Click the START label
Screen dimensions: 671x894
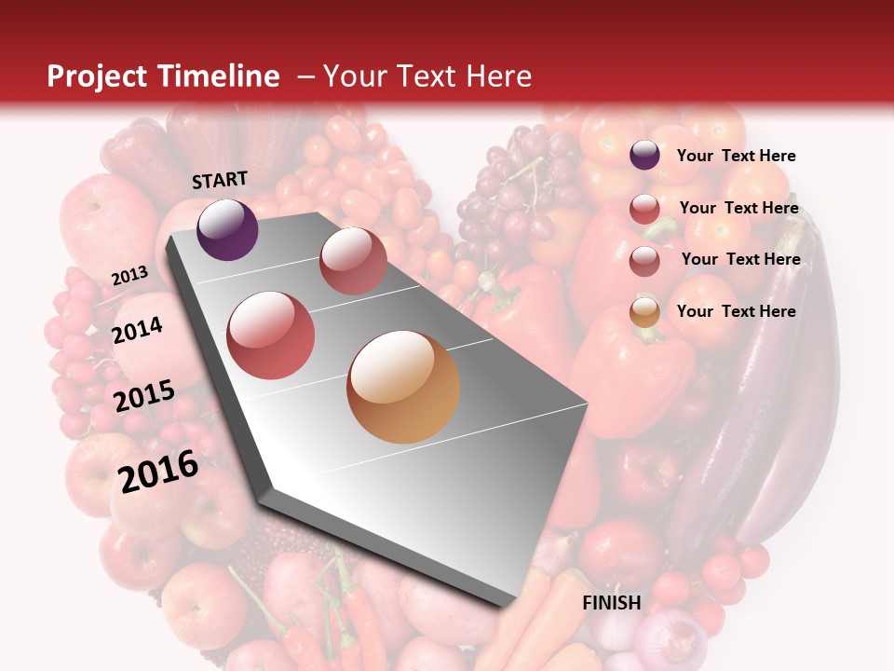tap(220, 180)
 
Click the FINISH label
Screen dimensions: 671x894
tap(611, 603)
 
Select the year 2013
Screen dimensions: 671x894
tap(129, 276)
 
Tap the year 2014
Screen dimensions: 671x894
tap(137, 331)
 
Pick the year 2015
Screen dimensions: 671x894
tap(144, 396)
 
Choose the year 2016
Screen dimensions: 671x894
tap(158, 471)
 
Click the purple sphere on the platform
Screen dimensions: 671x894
tap(227, 229)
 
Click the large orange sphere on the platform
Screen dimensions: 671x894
tap(403, 387)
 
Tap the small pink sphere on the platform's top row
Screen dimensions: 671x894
tap(353, 260)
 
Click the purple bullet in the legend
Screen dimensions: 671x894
tap(644, 156)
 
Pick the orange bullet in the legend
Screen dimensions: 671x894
tap(644, 312)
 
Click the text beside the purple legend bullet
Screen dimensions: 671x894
tap(736, 157)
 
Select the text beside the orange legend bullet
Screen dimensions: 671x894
tap(736, 311)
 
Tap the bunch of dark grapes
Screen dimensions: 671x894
tap(517, 186)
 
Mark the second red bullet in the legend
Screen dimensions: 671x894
tap(644, 260)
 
